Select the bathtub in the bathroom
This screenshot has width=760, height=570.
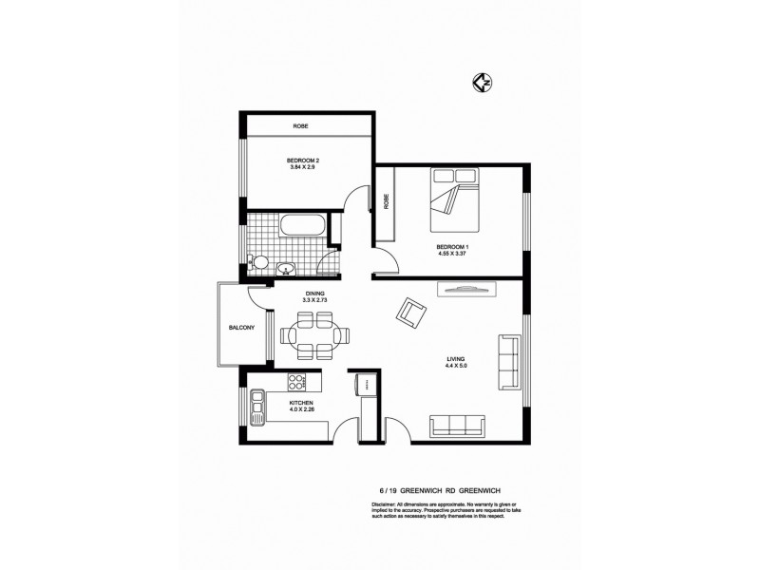click(303, 228)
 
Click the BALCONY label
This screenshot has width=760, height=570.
click(241, 328)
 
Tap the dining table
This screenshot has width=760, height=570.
click(314, 335)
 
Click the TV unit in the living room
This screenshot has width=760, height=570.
click(463, 290)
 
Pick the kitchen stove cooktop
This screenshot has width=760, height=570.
click(297, 383)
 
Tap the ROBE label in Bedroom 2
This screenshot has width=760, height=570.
click(300, 125)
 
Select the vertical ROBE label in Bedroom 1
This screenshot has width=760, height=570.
click(386, 202)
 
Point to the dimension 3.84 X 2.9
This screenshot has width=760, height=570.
click(303, 168)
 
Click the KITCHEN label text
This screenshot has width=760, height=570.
click(302, 403)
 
